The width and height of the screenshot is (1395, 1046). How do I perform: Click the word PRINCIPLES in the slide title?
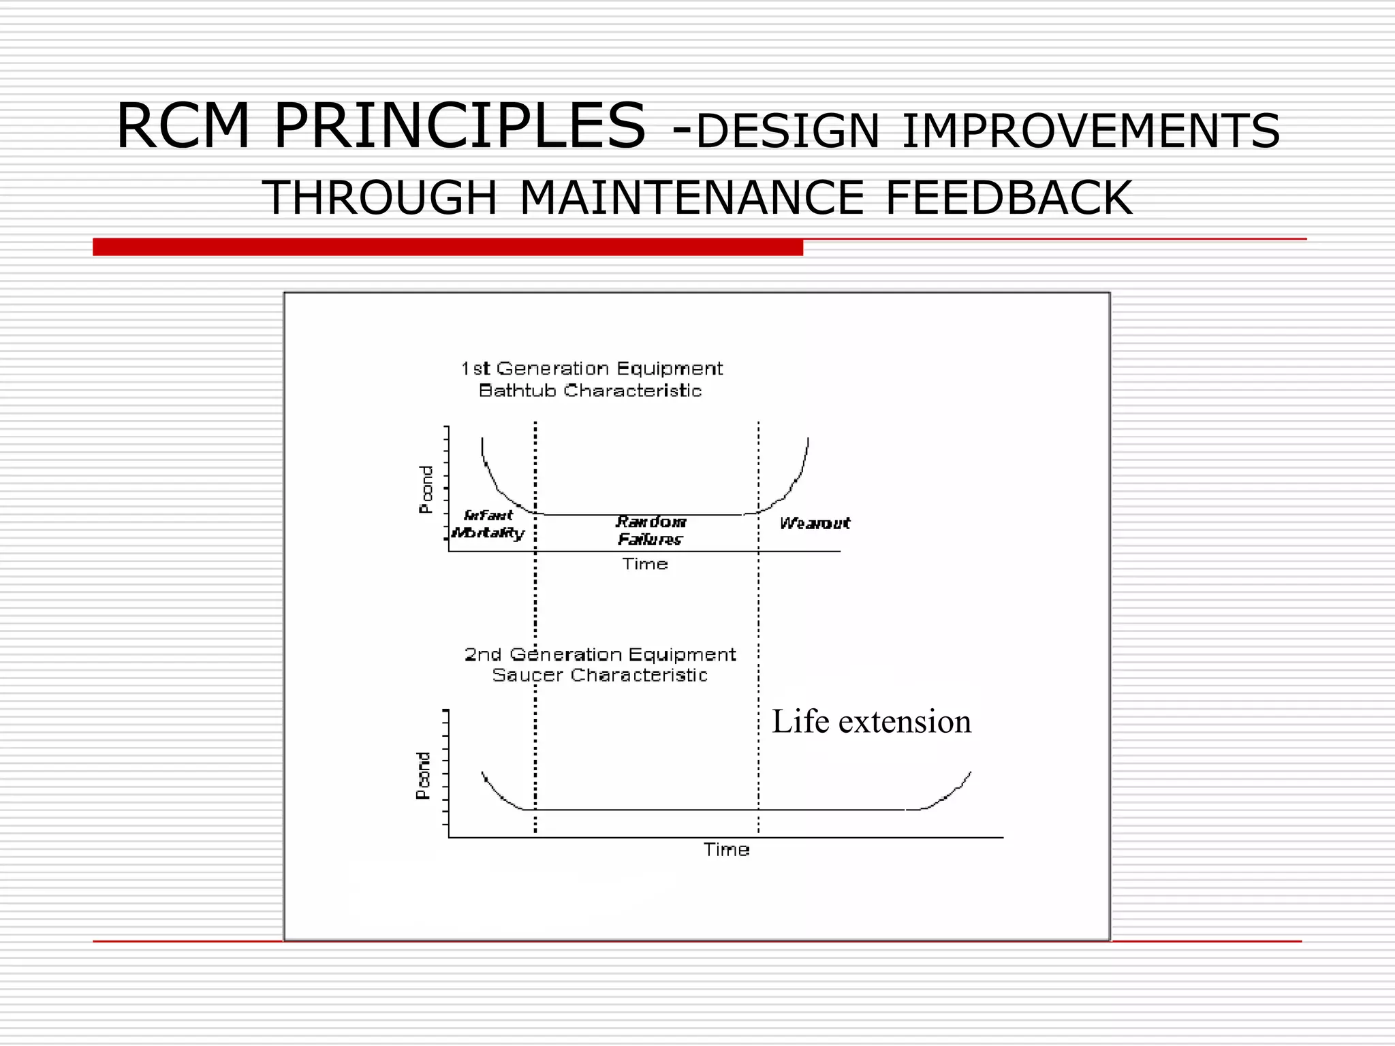click(459, 126)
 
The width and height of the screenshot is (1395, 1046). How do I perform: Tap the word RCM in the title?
click(183, 126)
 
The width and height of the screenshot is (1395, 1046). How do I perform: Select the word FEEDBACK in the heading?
click(1009, 198)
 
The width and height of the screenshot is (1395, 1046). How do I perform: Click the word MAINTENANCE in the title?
click(691, 198)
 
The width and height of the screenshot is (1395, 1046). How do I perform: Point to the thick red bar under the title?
click(448, 247)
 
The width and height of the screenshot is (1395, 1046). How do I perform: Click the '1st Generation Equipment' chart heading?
click(591, 368)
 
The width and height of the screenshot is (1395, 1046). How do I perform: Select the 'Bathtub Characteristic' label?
click(590, 391)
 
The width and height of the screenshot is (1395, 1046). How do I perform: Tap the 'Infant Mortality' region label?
click(488, 524)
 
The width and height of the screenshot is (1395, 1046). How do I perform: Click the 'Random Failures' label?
click(651, 530)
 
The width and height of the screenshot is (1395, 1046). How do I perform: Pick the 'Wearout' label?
click(815, 523)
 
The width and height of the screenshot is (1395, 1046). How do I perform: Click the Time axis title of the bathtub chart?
click(644, 564)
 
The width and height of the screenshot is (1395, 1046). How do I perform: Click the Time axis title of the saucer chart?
click(726, 849)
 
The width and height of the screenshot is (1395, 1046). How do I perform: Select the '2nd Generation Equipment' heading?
click(599, 654)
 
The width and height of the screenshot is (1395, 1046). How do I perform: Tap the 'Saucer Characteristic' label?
click(599, 675)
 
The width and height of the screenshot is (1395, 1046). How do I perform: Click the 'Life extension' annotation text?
click(871, 721)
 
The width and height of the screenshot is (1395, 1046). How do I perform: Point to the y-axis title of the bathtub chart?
click(426, 489)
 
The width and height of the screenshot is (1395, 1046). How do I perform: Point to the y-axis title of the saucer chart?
click(423, 775)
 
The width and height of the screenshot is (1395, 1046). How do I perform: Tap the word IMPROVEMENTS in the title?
click(1091, 131)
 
